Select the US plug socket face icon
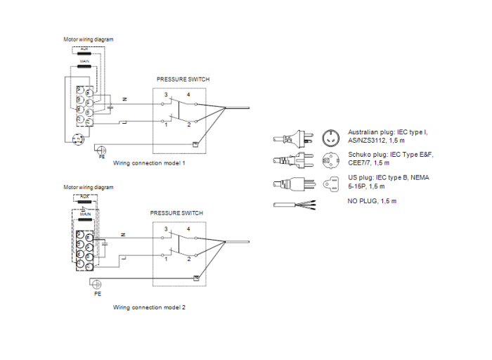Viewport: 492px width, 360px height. coord(330,185)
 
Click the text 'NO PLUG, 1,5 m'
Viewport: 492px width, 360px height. coord(373,201)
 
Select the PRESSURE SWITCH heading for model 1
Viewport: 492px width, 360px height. coord(182,79)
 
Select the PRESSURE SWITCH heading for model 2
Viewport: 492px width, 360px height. coord(176,212)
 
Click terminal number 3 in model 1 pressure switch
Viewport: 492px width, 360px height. coord(167,94)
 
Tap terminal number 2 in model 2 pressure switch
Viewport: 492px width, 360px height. coord(188,259)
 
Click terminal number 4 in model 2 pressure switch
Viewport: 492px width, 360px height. coord(188,229)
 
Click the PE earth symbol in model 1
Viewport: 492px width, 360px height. coord(101,149)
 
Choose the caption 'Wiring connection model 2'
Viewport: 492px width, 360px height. coord(149,307)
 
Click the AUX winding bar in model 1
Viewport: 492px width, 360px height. coord(84,53)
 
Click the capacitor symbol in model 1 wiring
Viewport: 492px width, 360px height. coord(110,108)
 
